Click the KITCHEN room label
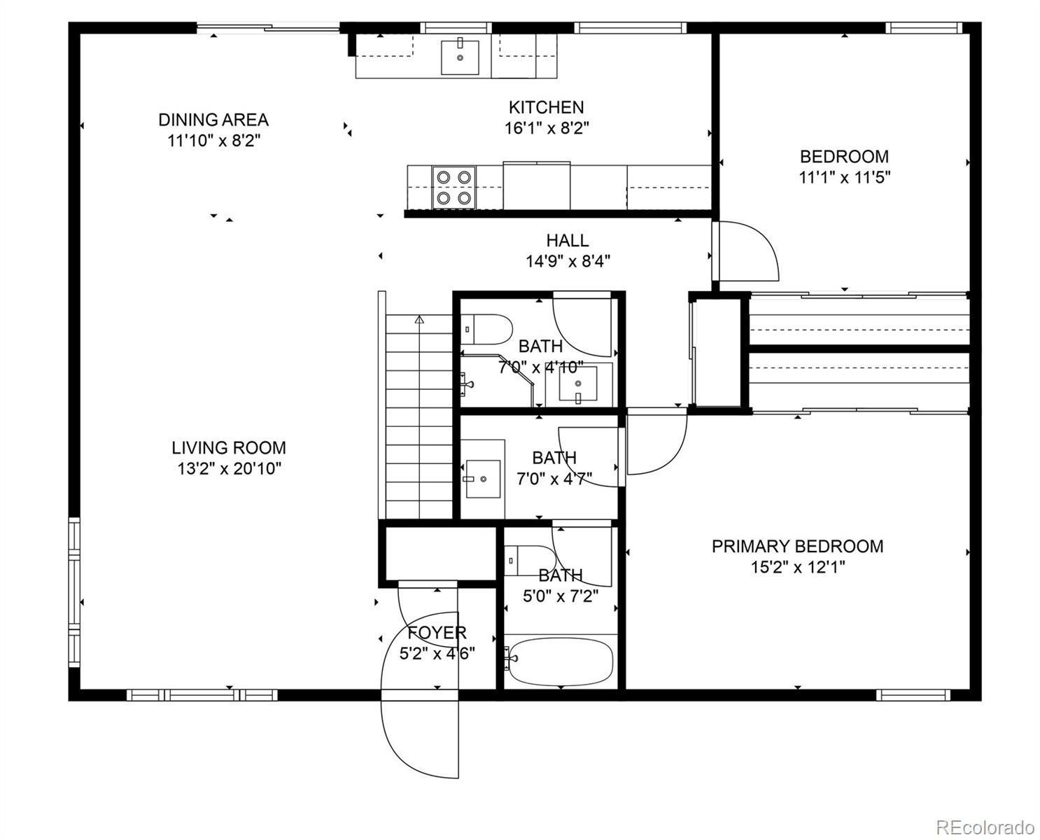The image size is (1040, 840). tap(546, 107)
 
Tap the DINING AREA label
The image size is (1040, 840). tap(213, 120)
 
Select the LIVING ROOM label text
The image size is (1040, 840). tap(229, 447)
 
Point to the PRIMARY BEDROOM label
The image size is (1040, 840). tap(797, 546)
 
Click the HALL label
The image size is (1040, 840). tap(568, 240)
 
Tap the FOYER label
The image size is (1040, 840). tap(437, 633)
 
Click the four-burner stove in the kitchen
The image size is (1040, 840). tap(454, 188)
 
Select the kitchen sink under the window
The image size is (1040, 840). tap(460, 57)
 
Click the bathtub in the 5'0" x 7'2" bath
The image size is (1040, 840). tap(560, 661)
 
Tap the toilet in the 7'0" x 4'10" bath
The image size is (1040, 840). tap(486, 330)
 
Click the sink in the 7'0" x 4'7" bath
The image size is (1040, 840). tap(483, 479)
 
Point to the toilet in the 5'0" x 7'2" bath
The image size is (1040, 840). tap(530, 560)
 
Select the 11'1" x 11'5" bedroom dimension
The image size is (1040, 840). tap(845, 177)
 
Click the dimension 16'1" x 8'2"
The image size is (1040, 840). tap(547, 128)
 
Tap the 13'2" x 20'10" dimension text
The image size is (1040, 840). tap(229, 469)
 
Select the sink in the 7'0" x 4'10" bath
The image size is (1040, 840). tap(578, 384)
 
